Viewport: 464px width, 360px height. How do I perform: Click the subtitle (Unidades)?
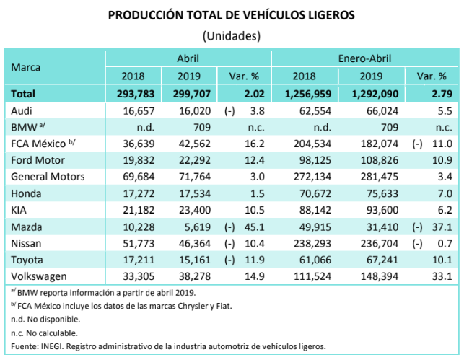(232, 35)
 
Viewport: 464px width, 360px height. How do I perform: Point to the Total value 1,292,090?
(372, 94)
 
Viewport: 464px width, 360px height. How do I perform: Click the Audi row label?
(23, 110)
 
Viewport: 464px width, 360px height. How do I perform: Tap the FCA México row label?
(39, 144)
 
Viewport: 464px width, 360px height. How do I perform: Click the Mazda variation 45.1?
(252, 227)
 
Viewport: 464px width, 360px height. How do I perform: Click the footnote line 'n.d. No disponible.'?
(45, 318)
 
